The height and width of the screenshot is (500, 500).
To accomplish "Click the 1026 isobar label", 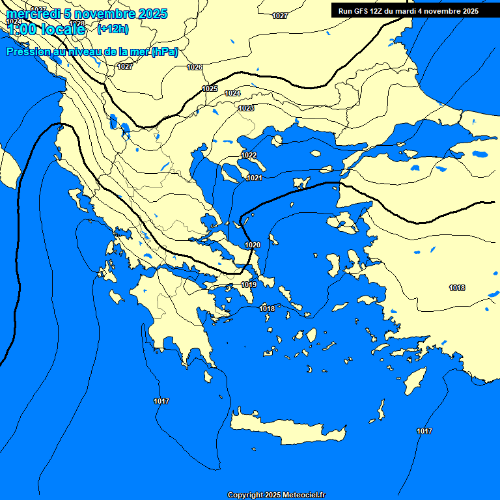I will tap(195, 67).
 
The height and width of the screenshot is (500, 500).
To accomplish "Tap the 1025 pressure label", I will tap(210, 89).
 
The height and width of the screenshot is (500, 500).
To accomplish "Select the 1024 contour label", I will tap(232, 94).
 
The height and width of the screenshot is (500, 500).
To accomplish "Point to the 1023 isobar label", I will tap(246, 109).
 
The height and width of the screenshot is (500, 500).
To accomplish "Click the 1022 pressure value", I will tap(249, 155).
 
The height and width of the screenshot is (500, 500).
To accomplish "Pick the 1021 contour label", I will tap(255, 178).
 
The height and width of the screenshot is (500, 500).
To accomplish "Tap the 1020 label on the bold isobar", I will tap(253, 245).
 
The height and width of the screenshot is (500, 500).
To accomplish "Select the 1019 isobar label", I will tap(249, 285).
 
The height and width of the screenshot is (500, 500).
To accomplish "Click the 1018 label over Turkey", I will tap(457, 288).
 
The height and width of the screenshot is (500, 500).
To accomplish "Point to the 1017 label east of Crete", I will tap(424, 431).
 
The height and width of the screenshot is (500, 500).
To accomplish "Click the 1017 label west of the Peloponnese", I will tap(161, 401).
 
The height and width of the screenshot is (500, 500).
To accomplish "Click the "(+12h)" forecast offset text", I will tap(113, 29).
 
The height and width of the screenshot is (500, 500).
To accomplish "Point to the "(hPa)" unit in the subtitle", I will tap(164, 52).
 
